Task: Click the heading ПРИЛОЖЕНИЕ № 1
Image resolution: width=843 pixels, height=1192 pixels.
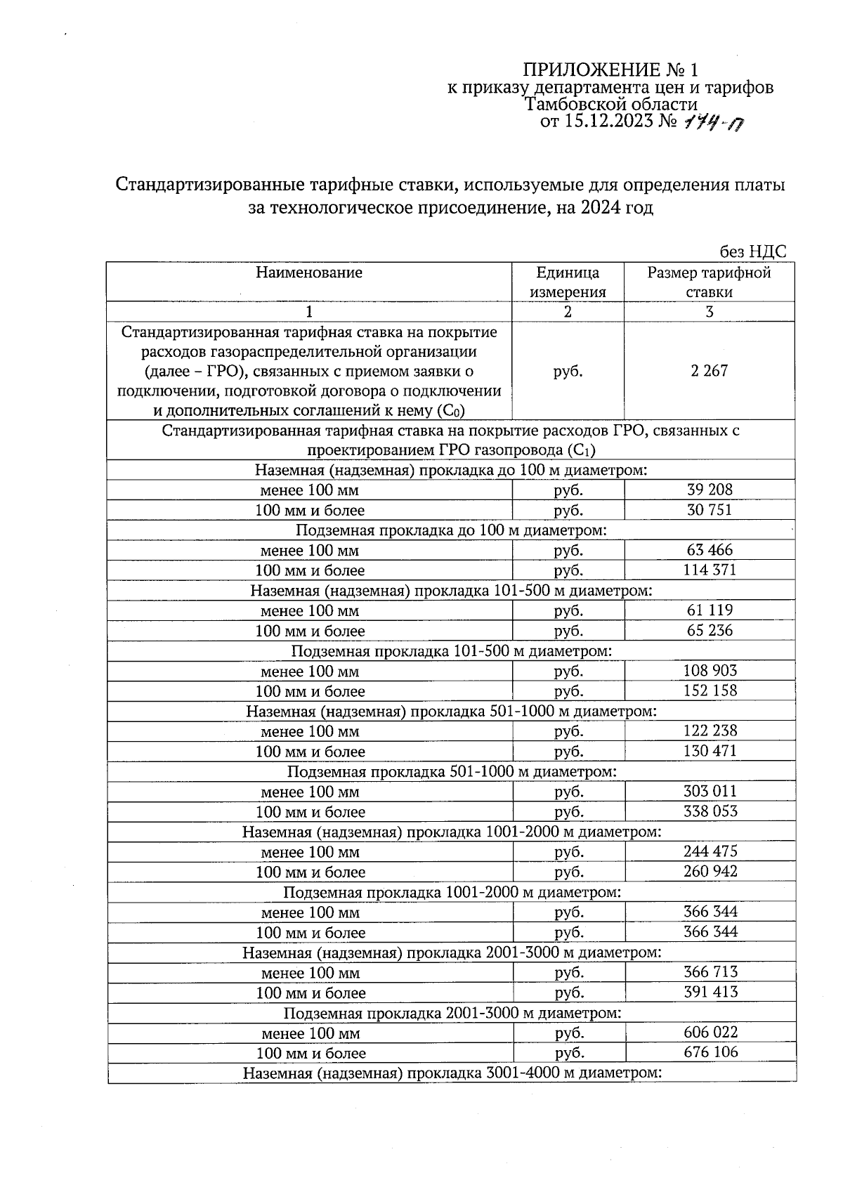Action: (x=610, y=70)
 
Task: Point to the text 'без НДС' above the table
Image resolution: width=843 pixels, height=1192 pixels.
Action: (x=752, y=252)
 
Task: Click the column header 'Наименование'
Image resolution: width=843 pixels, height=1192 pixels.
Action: (x=309, y=273)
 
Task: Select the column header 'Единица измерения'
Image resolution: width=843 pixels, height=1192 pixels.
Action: (x=568, y=282)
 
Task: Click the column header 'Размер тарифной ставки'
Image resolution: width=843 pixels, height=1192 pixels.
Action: (x=709, y=282)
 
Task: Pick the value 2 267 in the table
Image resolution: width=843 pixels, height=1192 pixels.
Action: (x=710, y=371)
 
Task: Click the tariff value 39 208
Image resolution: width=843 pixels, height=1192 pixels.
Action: (x=710, y=490)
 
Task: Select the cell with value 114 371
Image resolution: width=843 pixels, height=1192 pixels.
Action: (x=710, y=570)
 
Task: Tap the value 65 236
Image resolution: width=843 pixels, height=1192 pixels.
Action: (x=710, y=630)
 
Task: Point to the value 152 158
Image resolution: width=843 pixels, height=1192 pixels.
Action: (x=710, y=690)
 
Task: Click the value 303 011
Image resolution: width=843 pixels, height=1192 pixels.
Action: (x=710, y=791)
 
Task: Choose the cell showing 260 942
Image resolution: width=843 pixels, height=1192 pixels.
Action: (x=710, y=872)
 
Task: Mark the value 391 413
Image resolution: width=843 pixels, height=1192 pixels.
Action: (x=710, y=992)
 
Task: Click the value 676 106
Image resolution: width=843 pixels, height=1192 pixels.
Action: (x=710, y=1052)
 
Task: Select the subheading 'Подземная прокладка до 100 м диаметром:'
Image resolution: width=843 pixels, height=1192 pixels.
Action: (x=450, y=530)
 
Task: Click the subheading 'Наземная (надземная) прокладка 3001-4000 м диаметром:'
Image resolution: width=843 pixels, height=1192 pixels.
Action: (x=452, y=1073)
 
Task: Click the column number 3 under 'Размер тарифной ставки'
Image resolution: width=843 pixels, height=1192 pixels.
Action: (x=709, y=312)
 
